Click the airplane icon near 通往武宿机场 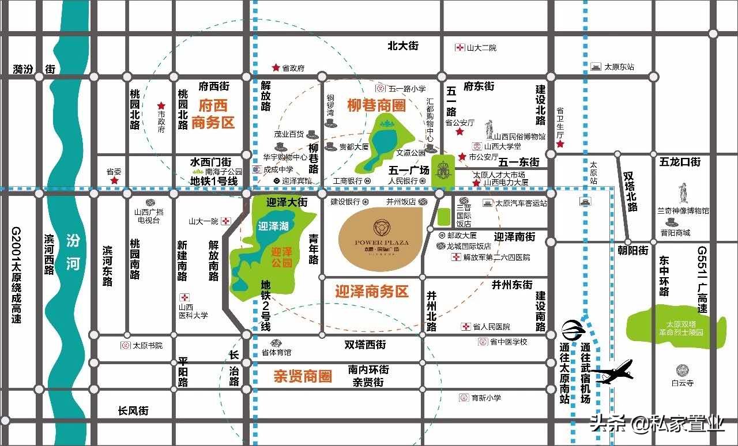(615, 372)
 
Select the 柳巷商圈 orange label (376, 105)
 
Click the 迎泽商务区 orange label (372, 292)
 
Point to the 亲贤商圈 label (303, 377)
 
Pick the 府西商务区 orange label (213, 114)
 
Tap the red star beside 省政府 (276, 67)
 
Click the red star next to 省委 (114, 180)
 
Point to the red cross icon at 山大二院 (460, 48)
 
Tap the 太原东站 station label (619, 67)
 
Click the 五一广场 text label (409, 171)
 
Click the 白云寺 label (682, 383)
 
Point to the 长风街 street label (133, 411)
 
